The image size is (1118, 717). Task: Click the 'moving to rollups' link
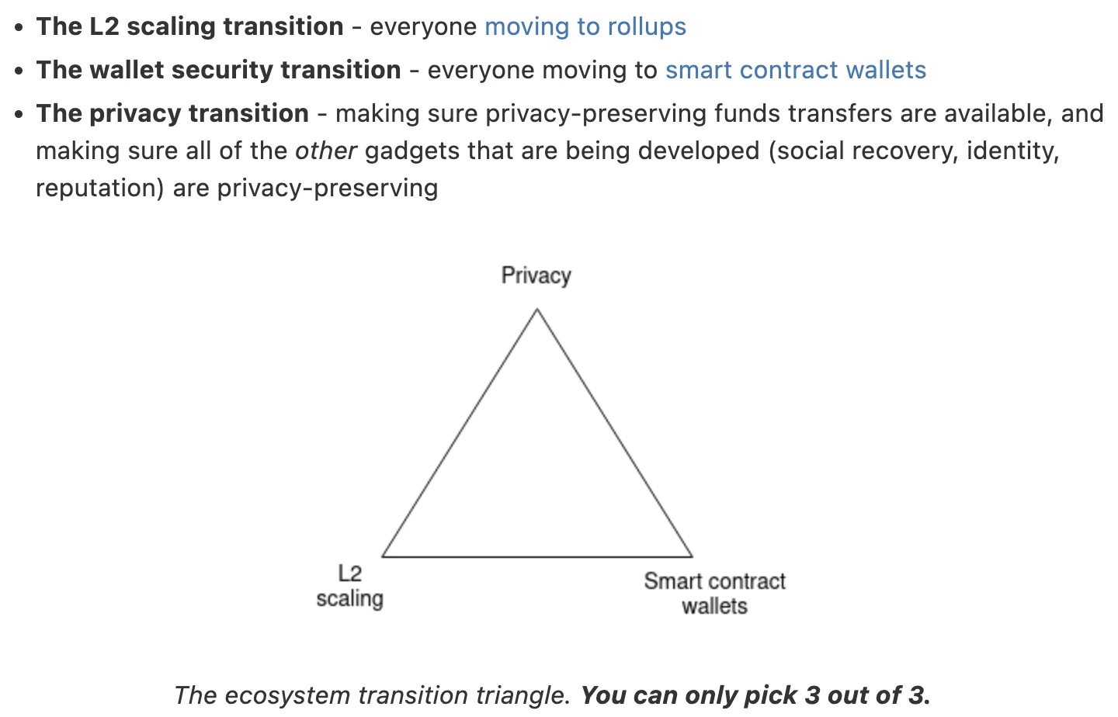coord(585,27)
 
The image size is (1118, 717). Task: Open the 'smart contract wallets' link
coord(796,70)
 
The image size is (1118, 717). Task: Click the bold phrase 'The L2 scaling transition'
coord(189,27)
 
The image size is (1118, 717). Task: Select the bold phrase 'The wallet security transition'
coord(219,70)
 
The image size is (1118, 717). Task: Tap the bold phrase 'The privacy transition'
coord(172,114)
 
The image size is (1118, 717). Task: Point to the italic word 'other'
coord(326,151)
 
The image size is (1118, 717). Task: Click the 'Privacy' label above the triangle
coord(536,276)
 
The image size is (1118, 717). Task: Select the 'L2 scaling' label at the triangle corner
coord(350,587)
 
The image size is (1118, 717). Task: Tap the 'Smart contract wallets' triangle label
coord(715,594)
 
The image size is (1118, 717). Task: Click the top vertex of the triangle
coord(537,310)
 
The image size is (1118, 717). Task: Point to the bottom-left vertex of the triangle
coord(382,556)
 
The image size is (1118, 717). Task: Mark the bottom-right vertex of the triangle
coord(693,556)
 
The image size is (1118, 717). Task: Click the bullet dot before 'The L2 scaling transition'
coord(19,27)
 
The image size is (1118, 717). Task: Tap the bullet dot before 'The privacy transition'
coord(19,114)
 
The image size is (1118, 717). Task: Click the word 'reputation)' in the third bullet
coord(100,189)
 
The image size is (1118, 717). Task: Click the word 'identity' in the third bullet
coord(1010,151)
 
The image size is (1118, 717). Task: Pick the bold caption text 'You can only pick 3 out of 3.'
coord(755,695)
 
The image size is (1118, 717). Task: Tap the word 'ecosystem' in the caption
coord(287,695)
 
